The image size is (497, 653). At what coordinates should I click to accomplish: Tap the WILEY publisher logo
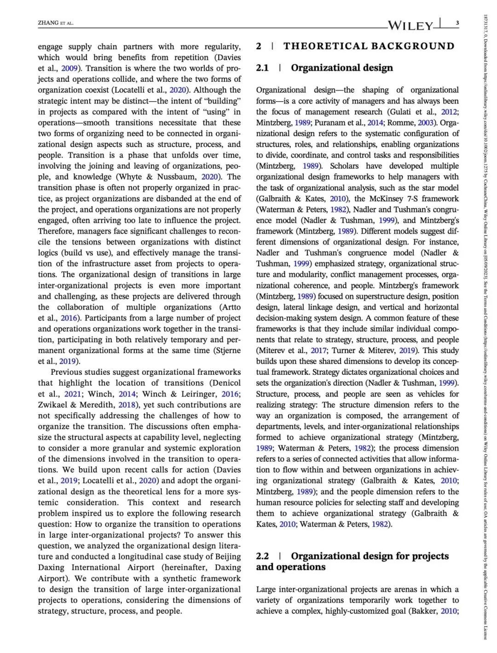(410, 25)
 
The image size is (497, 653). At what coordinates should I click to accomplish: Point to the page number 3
(457, 23)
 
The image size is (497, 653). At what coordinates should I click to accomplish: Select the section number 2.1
(262, 68)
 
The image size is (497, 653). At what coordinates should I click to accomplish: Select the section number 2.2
(262, 556)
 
